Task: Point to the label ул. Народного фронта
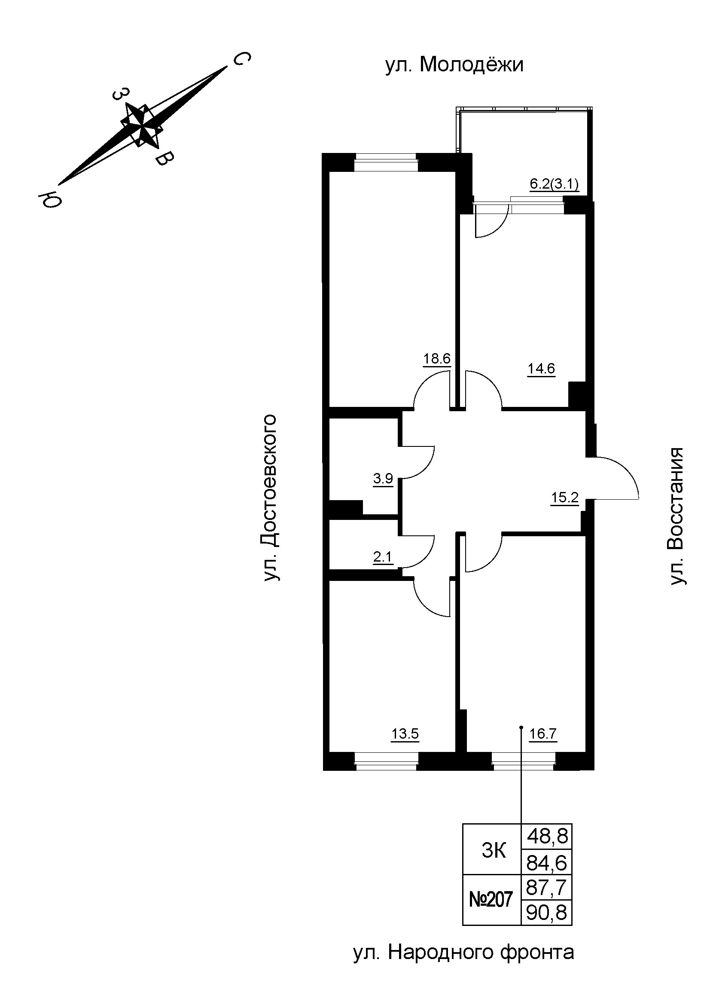click(x=463, y=964)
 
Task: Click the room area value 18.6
click(x=436, y=358)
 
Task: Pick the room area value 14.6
click(x=541, y=369)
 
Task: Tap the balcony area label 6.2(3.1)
click(x=554, y=184)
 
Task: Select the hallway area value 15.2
click(x=565, y=497)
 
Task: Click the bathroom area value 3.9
click(x=383, y=479)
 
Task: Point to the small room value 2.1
click(x=383, y=557)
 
